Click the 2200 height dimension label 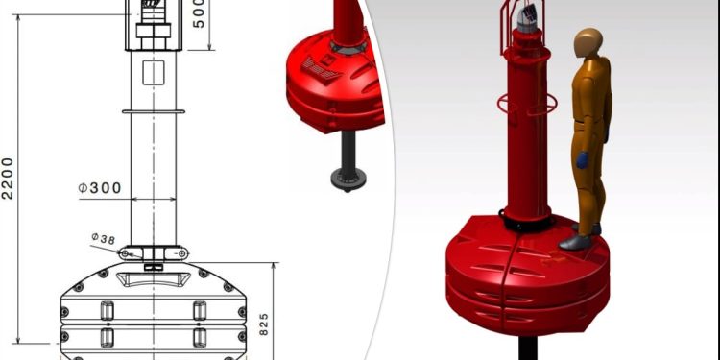pos(8,179)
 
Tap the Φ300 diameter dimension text pos(100,188)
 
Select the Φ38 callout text pos(104,238)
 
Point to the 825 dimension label pos(264,324)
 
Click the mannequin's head pos(588,42)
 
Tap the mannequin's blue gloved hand pos(583,159)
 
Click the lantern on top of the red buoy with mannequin pos(526,20)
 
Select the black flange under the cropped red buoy pos(348,179)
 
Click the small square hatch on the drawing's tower pos(154,73)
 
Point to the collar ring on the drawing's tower pos(154,111)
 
